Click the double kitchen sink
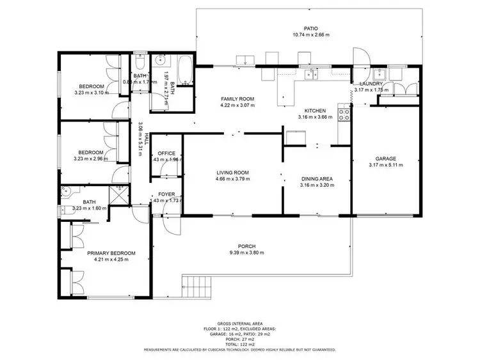click(x=311, y=75)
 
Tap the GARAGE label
click(x=386, y=159)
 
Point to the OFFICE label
click(x=167, y=153)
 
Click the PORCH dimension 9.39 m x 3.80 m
click(x=246, y=253)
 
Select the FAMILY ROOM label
click(x=238, y=98)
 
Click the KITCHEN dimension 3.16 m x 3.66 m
click(x=316, y=118)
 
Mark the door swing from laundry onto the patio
click(x=362, y=57)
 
